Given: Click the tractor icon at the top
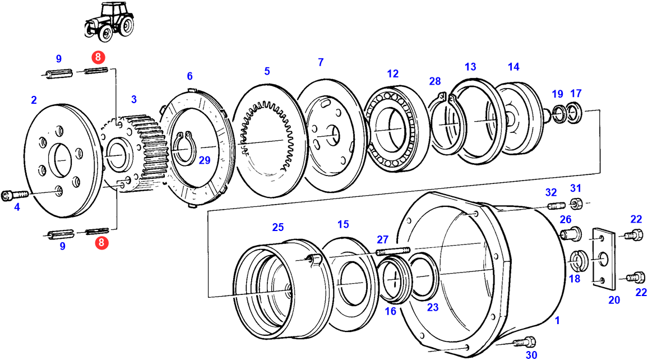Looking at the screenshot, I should tap(110, 22).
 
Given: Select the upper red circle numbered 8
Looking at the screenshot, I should tap(98, 57).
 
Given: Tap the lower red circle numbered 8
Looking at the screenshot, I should tap(101, 243).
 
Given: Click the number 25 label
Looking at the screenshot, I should tap(278, 227).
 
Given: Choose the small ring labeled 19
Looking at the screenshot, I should tap(558, 114).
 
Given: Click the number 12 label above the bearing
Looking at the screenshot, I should tap(392, 73).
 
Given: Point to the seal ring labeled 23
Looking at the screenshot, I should tap(424, 275).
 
